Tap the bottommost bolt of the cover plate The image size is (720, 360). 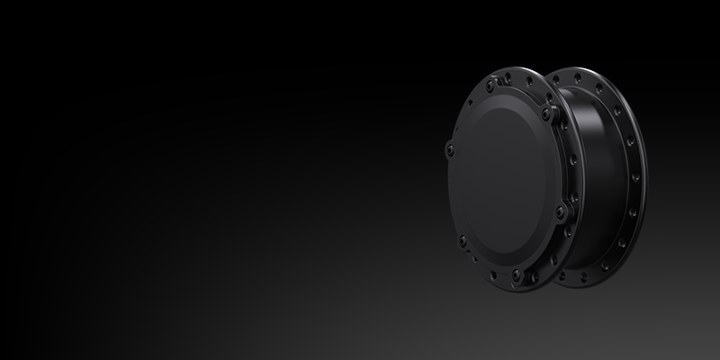[x=515, y=274]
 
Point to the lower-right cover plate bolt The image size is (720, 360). [x=560, y=212]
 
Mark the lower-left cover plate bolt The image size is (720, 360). [x=463, y=240]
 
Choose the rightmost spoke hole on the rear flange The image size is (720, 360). [x=642, y=176]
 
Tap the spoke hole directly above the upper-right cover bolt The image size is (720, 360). [x=544, y=96]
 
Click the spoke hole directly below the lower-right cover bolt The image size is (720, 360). [x=558, y=236]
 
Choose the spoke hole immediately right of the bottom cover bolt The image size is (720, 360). [x=531, y=274]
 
